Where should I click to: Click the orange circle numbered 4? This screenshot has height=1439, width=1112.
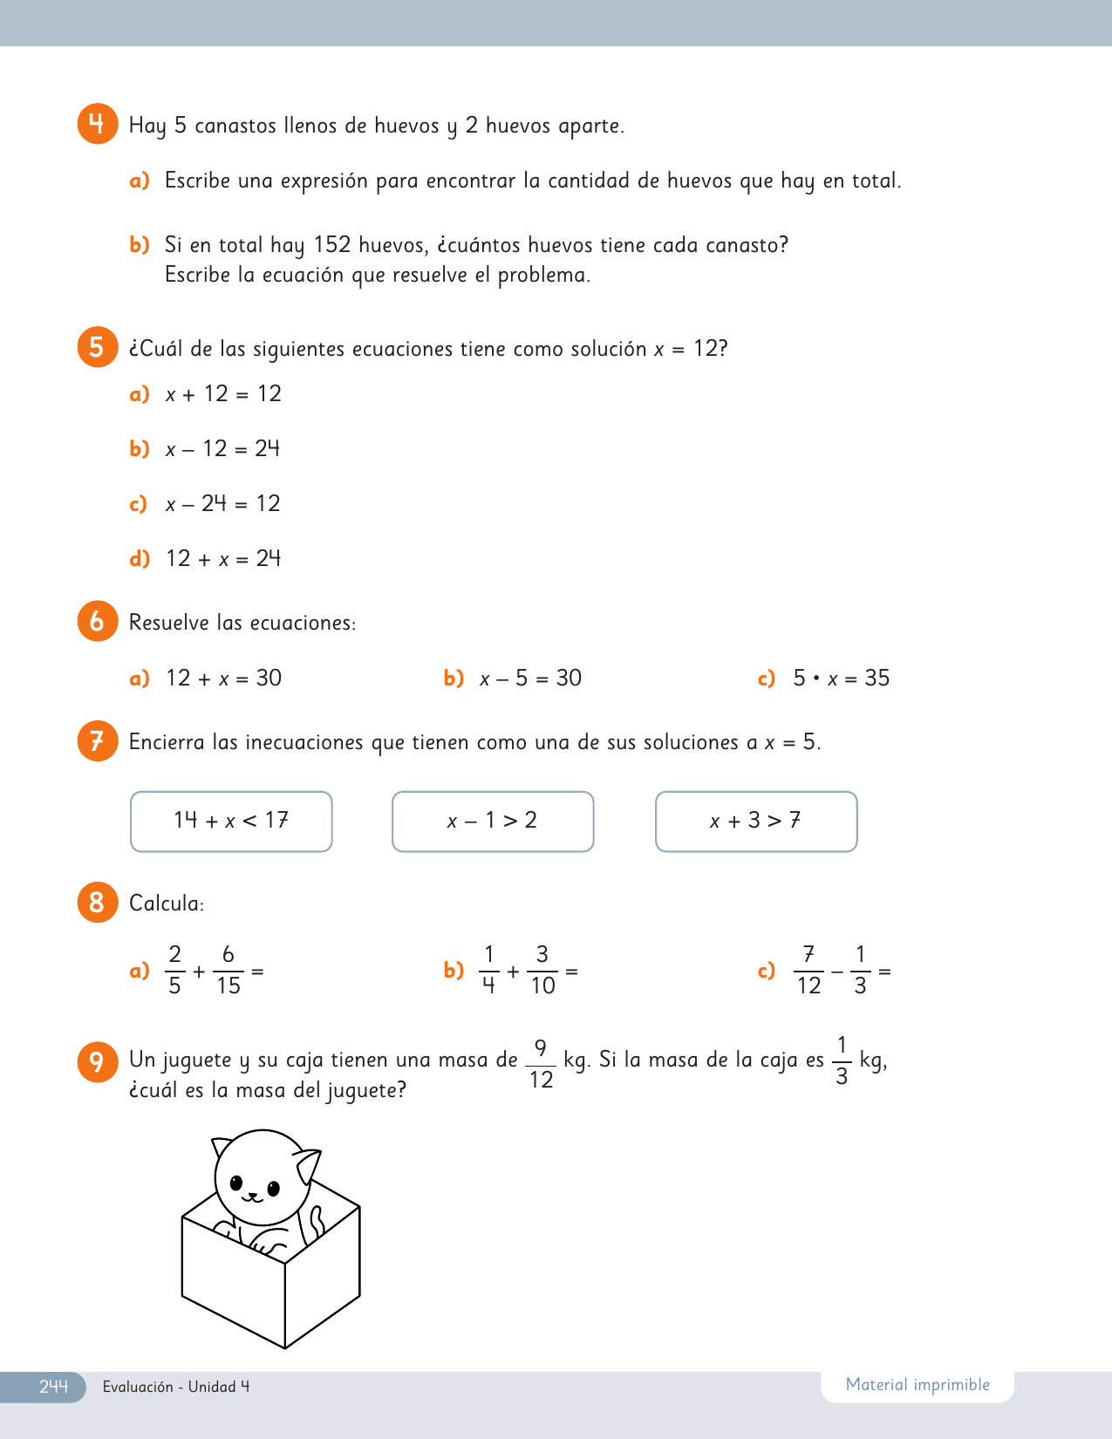(x=97, y=124)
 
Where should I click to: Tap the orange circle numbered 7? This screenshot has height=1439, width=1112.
(x=97, y=741)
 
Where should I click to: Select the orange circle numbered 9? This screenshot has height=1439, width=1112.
(x=97, y=1061)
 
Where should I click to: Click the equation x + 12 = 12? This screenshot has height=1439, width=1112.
(x=223, y=394)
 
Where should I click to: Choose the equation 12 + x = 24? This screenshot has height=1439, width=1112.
(x=223, y=559)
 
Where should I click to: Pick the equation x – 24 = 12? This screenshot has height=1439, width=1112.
(x=223, y=504)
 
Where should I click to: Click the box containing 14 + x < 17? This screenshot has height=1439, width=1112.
(x=231, y=822)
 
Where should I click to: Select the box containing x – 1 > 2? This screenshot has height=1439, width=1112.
(x=493, y=822)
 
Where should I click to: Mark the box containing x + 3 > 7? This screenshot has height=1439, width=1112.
(x=756, y=822)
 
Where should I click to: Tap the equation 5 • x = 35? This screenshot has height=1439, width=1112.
(x=841, y=679)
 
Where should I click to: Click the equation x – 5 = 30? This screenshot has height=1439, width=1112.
(x=530, y=679)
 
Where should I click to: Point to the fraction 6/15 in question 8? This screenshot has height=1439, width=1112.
(x=229, y=970)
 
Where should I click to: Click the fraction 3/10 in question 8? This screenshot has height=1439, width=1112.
(x=542, y=970)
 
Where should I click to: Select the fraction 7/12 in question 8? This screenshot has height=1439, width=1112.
(x=808, y=970)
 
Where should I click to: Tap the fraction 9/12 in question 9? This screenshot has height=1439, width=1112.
(x=541, y=1063)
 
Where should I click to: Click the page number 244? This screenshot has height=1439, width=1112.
(x=53, y=1387)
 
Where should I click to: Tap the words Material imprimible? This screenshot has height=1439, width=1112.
(x=918, y=1385)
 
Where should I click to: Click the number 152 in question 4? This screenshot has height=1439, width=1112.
(x=332, y=245)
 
